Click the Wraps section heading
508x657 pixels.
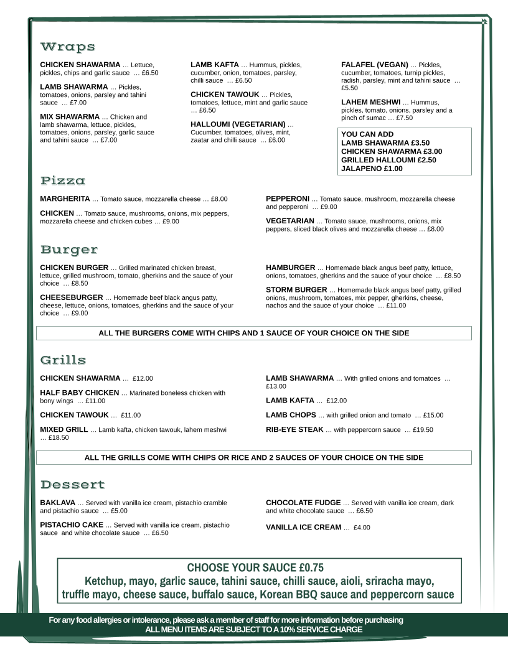pos(68,47)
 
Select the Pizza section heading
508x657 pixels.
pos(63,181)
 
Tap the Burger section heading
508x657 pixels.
pos(69,250)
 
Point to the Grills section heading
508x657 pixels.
pos(63,360)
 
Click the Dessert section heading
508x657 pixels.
pos(72,485)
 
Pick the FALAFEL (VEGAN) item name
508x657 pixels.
pos(375,65)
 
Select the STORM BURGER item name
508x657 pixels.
pos(296,290)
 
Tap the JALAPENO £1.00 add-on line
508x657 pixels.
pos(372,169)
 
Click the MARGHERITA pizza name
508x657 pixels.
pos(65,199)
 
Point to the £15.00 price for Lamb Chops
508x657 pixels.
pos(433,416)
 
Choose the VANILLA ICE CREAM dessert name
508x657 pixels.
pos(303,528)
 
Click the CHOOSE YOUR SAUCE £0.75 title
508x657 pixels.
pos(255,567)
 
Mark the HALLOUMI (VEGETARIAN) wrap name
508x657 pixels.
pos(238,124)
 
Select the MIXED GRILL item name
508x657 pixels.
pos(63,429)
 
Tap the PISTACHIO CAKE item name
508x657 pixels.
pos(71,525)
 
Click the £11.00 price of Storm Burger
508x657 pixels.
pos(396,306)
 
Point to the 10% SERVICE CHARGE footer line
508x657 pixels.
pos(253,630)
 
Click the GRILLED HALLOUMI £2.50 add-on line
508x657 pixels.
pos(388,160)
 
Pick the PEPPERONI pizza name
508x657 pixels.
pos(288,199)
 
